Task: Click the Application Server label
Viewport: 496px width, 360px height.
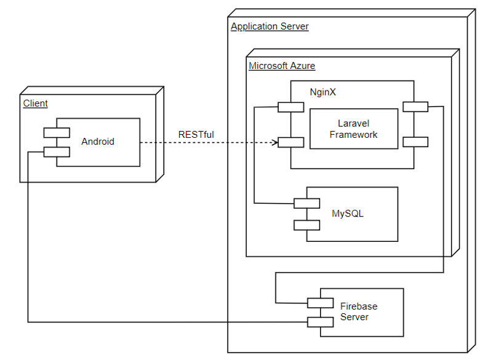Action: pos(270,26)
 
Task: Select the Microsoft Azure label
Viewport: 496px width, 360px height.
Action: pos(282,66)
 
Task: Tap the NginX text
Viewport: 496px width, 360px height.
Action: pos(322,92)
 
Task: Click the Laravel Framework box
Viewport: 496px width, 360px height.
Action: pos(353,129)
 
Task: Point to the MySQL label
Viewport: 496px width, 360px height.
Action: pos(348,214)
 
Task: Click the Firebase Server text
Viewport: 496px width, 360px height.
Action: pos(358,311)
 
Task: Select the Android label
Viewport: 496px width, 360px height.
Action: pos(98,142)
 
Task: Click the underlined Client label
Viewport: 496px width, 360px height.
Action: pos(35,103)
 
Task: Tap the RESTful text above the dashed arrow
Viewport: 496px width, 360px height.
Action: pos(196,134)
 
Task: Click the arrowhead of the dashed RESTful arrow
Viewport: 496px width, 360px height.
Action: pos(274,142)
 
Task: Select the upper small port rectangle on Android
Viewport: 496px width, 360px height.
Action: pos(56,132)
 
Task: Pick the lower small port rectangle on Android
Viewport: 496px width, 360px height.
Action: pos(56,152)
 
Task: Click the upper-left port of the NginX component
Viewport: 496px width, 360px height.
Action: pos(290,107)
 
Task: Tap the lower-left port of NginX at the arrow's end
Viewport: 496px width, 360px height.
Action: pos(290,142)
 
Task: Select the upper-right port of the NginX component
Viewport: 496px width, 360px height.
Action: pos(415,107)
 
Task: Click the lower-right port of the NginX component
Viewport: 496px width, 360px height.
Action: pos(415,142)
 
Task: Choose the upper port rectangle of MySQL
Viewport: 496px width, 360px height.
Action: pos(306,203)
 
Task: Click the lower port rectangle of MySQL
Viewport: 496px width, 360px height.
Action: pos(306,225)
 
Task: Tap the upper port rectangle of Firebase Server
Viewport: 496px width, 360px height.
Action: pos(321,303)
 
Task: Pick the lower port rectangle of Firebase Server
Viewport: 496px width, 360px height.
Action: pos(321,322)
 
